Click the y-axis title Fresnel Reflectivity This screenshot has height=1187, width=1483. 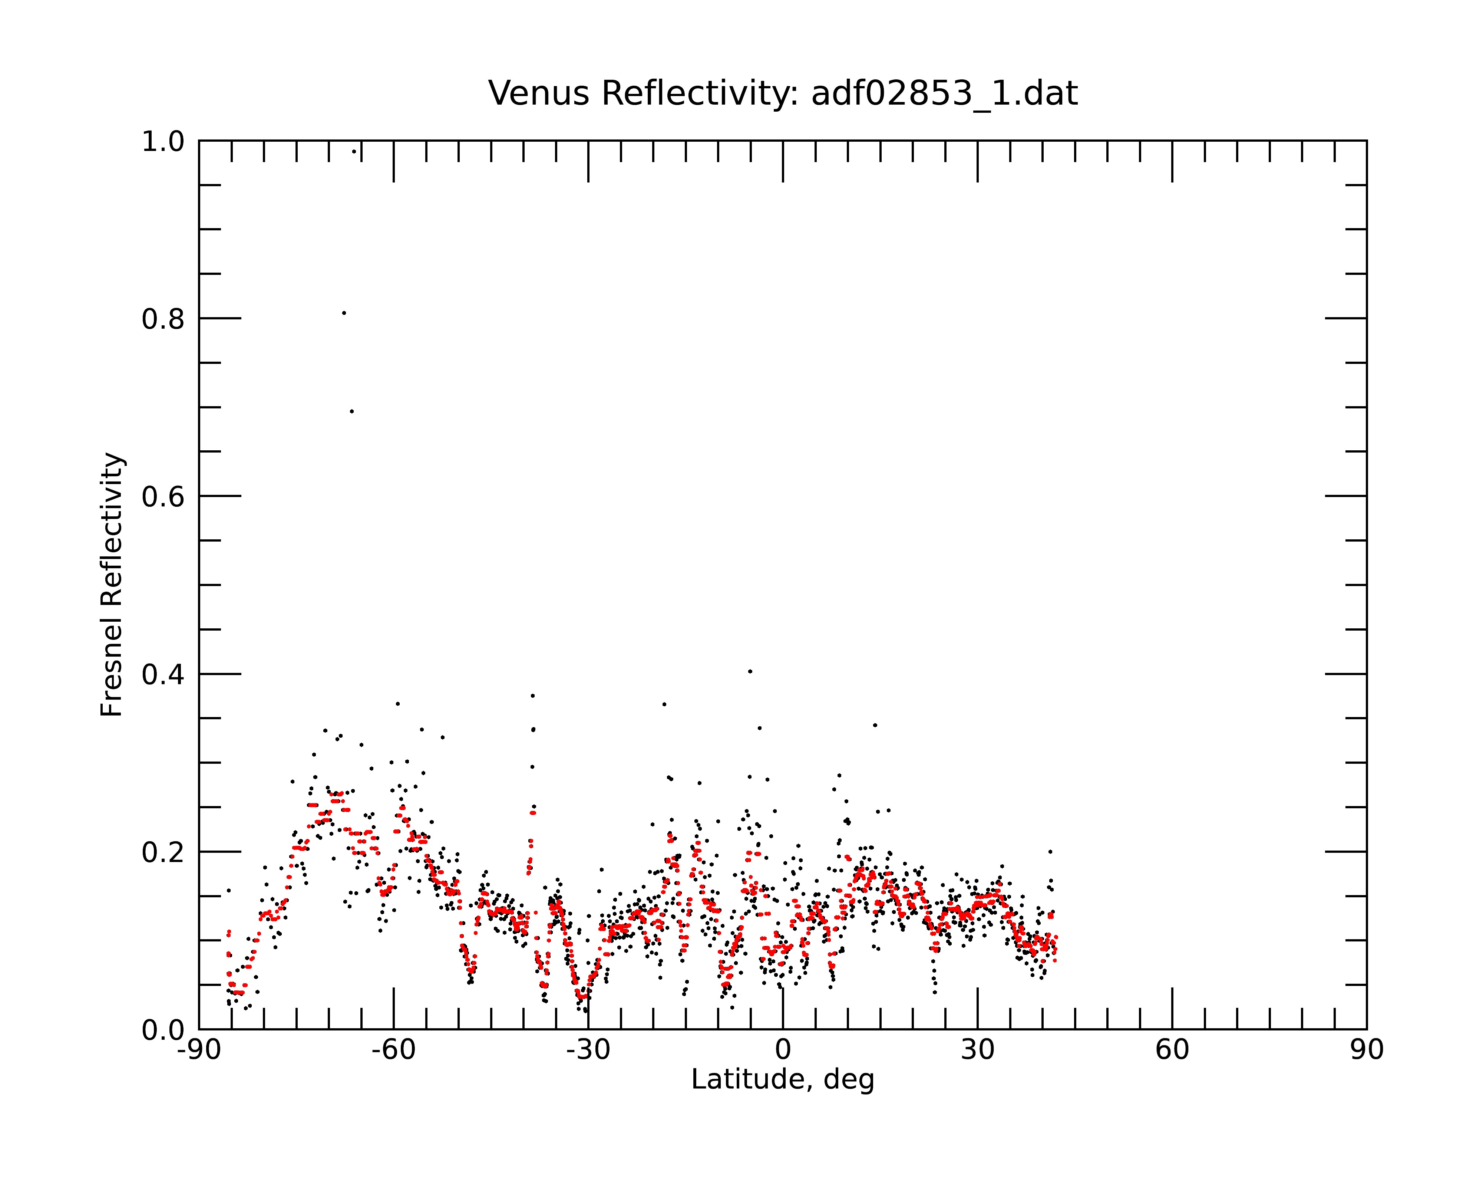[x=112, y=584]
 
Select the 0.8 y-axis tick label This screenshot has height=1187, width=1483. [x=163, y=319]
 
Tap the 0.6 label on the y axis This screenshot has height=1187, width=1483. [x=163, y=497]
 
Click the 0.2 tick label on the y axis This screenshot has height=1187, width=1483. [x=163, y=852]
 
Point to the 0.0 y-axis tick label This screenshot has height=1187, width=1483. [x=163, y=1030]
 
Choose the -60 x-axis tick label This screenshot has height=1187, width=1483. [x=393, y=1050]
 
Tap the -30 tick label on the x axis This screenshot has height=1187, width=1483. [x=588, y=1050]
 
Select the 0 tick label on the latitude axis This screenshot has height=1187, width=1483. [x=783, y=1050]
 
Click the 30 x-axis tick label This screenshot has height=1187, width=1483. [x=977, y=1050]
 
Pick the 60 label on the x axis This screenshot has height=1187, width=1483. [x=1172, y=1050]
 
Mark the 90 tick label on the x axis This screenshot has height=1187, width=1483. [x=1367, y=1050]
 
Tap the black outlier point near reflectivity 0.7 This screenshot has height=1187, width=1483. [x=351, y=411]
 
